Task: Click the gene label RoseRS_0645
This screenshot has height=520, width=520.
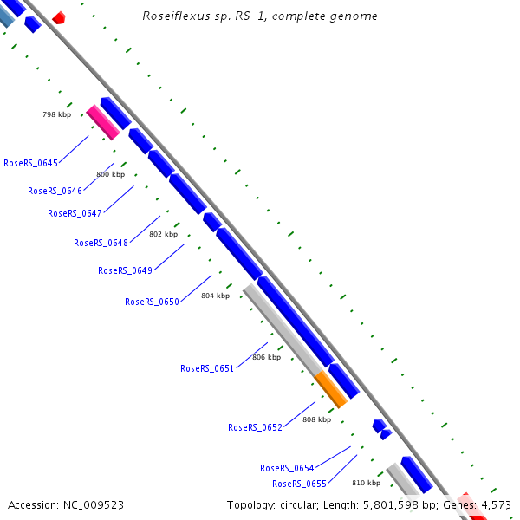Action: point(31,163)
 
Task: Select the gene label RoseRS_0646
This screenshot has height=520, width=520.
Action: point(55,191)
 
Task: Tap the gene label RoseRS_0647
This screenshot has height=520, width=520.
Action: point(75,213)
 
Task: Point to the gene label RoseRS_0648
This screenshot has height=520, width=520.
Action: point(101,243)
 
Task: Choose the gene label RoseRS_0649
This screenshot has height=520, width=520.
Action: point(125,270)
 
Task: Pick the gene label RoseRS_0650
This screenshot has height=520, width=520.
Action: point(152,302)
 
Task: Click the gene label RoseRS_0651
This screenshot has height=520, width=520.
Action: point(207,368)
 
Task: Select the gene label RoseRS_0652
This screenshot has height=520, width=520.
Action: point(255,427)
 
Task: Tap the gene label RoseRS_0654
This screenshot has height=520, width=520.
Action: point(287,468)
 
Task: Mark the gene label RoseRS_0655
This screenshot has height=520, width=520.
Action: point(299,484)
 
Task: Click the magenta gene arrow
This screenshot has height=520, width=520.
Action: point(103,122)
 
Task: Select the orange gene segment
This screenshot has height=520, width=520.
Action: point(330,388)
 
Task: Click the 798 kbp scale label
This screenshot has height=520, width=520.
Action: point(57,114)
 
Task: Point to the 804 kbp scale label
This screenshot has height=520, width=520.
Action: point(215,296)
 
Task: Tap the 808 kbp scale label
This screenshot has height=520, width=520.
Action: point(316,419)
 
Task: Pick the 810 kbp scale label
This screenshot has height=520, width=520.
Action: point(366,483)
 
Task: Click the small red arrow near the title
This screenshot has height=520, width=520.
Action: point(58,17)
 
